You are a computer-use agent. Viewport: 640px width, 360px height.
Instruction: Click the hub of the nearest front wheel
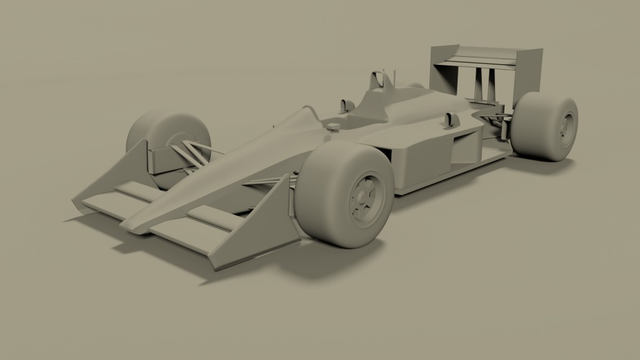pos(364,198)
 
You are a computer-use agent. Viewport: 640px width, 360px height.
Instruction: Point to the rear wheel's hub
pos(566,128)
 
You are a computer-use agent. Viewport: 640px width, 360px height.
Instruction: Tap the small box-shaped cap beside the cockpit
pos(333,127)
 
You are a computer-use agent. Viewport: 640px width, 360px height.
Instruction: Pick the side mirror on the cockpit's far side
pos(343,104)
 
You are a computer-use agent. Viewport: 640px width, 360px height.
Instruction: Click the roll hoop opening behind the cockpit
pos(377,81)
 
